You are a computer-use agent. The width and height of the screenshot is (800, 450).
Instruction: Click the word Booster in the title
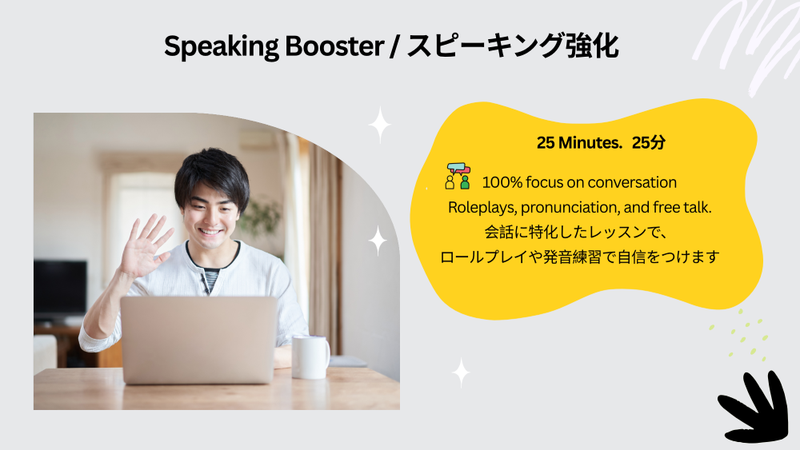click(x=334, y=46)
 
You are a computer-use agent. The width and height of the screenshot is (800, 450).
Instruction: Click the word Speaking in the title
click(x=222, y=47)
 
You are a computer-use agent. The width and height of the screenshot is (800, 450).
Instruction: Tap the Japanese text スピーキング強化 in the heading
click(x=512, y=46)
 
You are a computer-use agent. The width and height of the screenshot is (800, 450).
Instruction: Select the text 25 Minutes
click(x=579, y=143)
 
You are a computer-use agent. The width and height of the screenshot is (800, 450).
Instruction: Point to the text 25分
click(x=649, y=143)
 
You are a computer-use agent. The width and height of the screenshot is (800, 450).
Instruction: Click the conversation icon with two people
click(x=458, y=177)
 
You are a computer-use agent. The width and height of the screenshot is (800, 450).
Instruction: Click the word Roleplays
click(x=482, y=208)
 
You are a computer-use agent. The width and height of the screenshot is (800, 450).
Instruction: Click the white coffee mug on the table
click(x=310, y=357)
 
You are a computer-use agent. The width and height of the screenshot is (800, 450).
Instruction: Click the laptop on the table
click(x=199, y=340)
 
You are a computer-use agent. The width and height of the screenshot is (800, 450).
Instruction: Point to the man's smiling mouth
click(x=210, y=232)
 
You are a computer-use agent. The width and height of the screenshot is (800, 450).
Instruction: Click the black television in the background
click(x=60, y=288)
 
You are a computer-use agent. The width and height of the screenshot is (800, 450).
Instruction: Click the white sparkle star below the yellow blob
click(x=461, y=372)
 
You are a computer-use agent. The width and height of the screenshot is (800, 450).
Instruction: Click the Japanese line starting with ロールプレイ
click(x=579, y=257)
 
